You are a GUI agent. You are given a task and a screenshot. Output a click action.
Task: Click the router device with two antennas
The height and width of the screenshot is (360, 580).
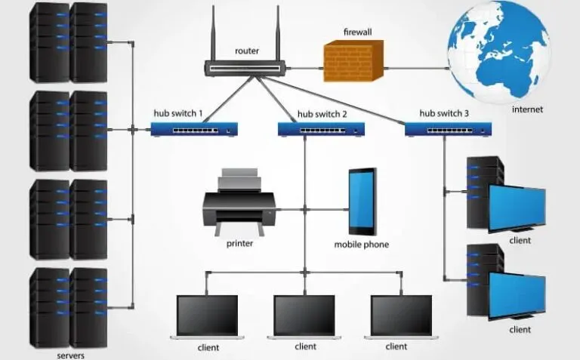(x=246, y=67)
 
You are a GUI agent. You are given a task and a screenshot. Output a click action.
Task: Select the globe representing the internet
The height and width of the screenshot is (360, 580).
(x=498, y=51)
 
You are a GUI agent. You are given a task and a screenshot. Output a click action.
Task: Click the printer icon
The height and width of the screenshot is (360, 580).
(x=239, y=203)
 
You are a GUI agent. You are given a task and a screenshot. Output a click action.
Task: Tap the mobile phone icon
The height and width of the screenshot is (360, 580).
(x=362, y=202)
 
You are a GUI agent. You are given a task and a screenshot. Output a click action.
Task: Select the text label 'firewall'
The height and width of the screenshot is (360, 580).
(x=357, y=32)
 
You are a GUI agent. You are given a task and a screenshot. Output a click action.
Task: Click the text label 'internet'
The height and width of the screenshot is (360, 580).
(x=527, y=109)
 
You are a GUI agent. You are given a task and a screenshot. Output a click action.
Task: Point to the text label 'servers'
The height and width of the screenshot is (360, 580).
(x=70, y=355)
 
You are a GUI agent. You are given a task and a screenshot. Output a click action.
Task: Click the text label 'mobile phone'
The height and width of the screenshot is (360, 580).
(x=362, y=245)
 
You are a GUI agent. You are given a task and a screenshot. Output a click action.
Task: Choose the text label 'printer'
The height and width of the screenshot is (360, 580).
(x=239, y=243)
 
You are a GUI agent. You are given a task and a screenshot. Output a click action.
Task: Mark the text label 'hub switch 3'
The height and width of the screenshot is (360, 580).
(x=444, y=113)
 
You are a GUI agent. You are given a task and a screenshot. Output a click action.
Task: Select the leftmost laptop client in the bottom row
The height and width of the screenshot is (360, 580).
(x=208, y=315)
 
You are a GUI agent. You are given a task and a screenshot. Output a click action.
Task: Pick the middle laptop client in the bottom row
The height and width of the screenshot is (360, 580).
(x=304, y=315)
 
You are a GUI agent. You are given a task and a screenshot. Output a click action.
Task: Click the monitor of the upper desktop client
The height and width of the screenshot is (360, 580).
(x=517, y=208)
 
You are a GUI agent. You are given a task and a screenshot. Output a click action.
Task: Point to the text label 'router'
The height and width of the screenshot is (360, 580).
(x=247, y=51)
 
